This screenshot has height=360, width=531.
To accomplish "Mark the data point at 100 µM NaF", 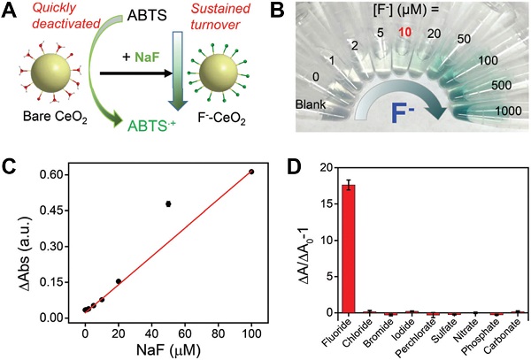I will pos(251,172).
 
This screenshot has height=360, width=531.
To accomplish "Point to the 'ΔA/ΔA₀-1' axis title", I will pos(281,239).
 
